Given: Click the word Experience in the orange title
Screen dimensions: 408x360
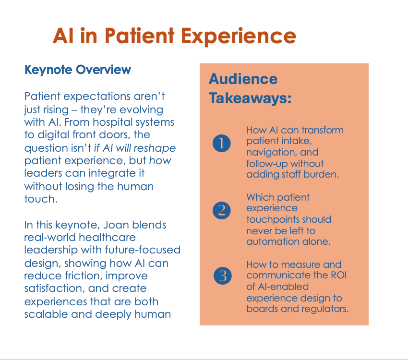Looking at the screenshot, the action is coord(239,36).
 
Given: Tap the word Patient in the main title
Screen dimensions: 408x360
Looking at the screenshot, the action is coord(140,36).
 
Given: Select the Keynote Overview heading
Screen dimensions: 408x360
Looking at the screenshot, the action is coord(78,70).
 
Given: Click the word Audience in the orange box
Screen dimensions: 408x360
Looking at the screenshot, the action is coord(243,79).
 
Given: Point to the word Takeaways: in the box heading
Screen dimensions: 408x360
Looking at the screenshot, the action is coord(250,98).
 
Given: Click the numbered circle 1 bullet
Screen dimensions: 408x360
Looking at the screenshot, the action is coord(221,143).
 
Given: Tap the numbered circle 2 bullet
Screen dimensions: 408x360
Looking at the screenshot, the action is coord(221,210).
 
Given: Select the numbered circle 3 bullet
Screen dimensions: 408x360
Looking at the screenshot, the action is coord(222,276).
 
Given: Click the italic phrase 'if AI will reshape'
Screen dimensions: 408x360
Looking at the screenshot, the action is coord(135,148).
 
